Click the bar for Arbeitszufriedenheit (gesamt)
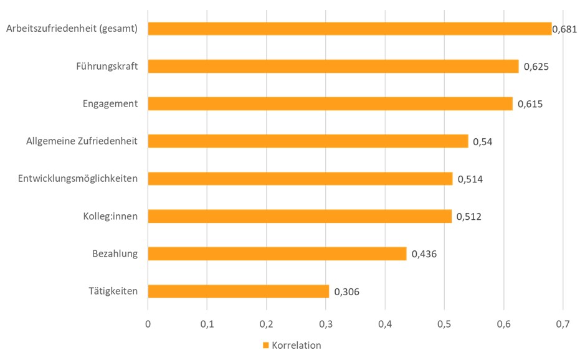point(349,29)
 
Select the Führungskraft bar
point(333,66)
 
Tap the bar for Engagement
point(330,103)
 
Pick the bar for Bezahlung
point(277,253)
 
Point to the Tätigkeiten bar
point(238,291)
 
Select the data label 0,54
point(483,142)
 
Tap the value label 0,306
point(347,291)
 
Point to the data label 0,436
point(424,254)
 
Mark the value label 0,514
point(470,179)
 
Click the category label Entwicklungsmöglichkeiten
point(78,179)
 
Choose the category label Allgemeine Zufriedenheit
point(82,141)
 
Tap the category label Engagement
point(110,103)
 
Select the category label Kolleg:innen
point(110,216)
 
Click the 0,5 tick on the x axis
point(444,324)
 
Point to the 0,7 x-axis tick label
point(563,324)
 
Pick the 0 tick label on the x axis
point(148,324)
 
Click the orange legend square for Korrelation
point(265,345)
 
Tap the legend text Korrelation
point(296,345)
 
